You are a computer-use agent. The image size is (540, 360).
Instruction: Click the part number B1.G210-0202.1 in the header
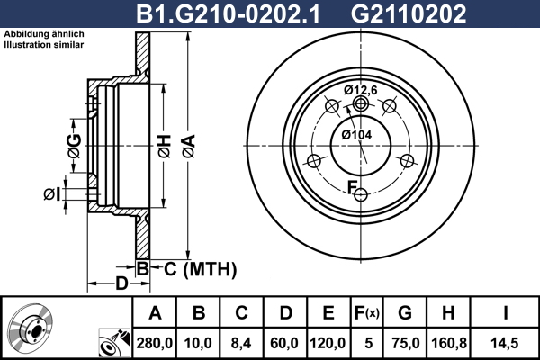tap(229, 14)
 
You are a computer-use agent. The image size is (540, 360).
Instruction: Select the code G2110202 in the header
tap(409, 14)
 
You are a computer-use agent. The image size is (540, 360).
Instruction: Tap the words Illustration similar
tap(44, 45)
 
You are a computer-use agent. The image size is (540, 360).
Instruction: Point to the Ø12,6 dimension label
tap(361, 90)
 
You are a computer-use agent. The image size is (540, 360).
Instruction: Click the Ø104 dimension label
tap(356, 135)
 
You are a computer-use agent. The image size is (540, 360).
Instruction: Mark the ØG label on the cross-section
tap(75, 146)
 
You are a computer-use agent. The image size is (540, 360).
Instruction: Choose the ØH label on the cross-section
tap(165, 147)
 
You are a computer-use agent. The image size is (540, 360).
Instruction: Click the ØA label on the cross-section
tap(189, 147)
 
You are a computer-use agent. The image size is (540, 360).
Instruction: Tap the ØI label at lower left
tap(51, 194)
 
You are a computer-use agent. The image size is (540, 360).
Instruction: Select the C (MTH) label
tap(200, 269)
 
